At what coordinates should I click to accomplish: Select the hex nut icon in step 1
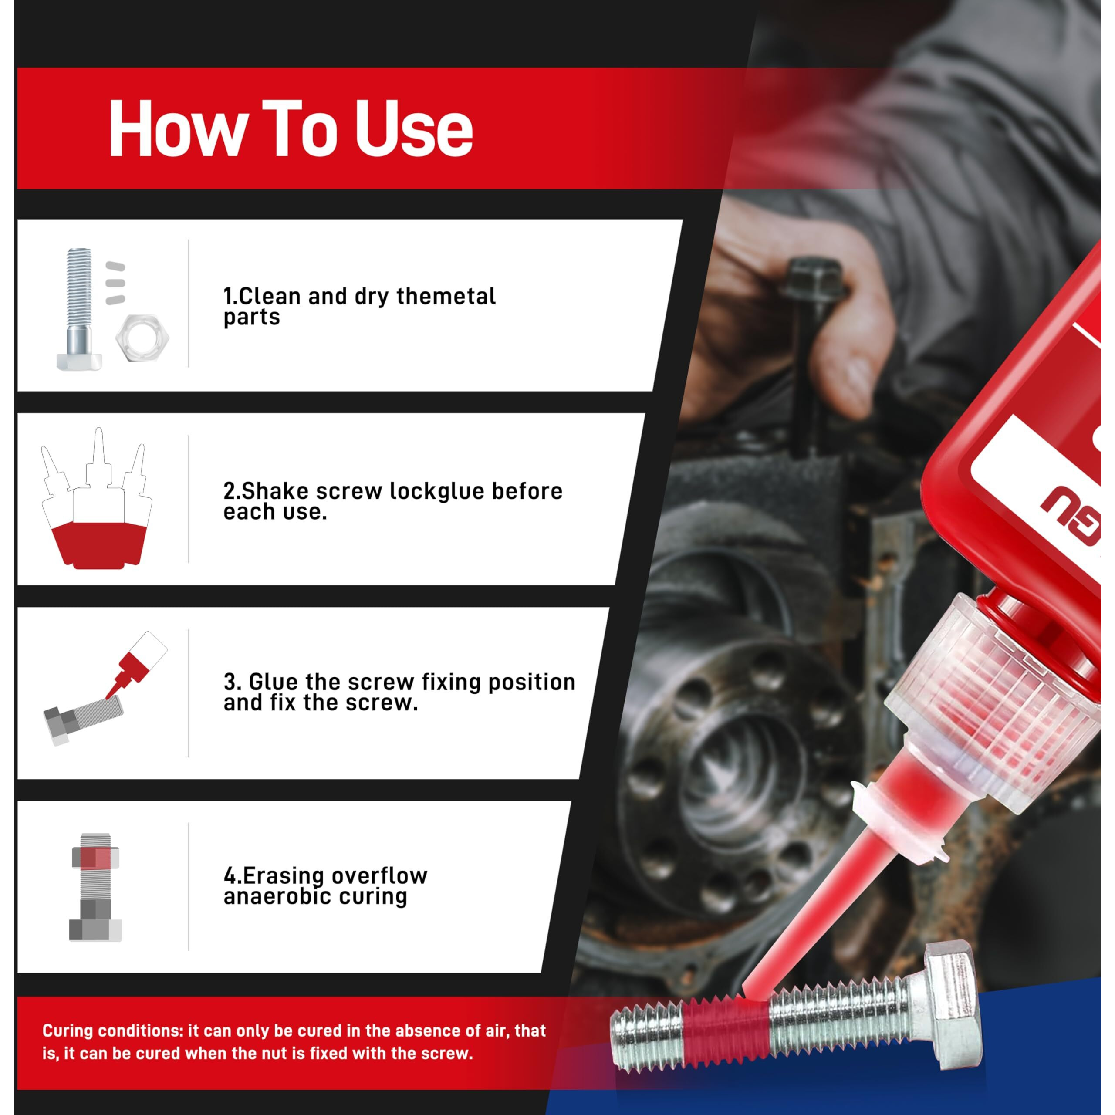142,338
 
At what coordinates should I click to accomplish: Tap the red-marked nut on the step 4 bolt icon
95,858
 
